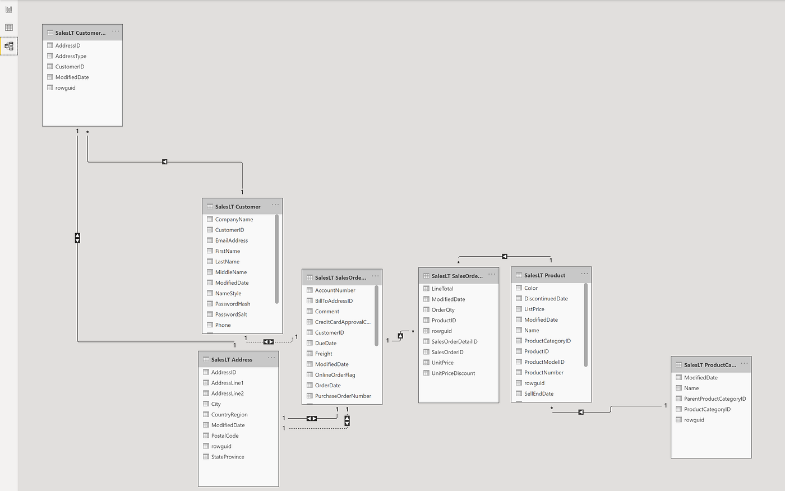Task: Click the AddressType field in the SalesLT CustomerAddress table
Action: tap(71, 56)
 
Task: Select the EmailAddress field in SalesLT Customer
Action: tap(231, 240)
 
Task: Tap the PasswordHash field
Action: tap(232, 304)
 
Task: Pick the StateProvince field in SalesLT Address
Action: tap(228, 457)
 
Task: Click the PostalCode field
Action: tap(225, 436)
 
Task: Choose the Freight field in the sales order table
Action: tap(324, 354)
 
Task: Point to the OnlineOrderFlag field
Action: tap(335, 375)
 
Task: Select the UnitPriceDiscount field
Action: tap(453, 373)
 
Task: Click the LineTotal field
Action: tap(442, 289)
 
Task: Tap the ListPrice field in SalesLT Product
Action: tap(534, 309)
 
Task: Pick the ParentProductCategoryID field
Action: tap(715, 399)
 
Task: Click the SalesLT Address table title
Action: tap(232, 360)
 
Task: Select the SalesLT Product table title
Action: tap(544, 275)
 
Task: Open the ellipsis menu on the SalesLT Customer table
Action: tap(275, 205)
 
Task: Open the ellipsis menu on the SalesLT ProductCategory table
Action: tap(744, 363)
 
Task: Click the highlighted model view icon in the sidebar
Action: tap(9, 46)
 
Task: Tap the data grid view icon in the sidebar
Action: tap(9, 27)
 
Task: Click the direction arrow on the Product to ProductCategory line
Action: tap(581, 412)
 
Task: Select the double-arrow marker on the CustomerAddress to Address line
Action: tap(77, 238)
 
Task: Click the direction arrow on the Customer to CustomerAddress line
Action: tap(164, 162)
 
